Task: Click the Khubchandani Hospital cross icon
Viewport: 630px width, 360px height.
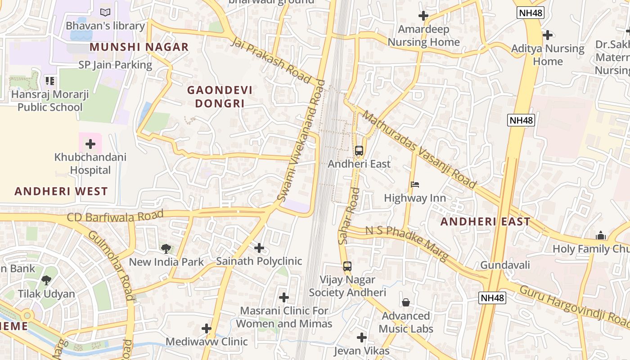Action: coord(90,144)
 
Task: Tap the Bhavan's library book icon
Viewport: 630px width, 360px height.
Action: coord(105,12)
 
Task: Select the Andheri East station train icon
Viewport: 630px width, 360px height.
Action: coord(359,151)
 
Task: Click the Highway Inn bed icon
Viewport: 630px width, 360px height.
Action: coord(415,184)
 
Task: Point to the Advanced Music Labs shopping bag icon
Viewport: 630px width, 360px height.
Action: coord(406,302)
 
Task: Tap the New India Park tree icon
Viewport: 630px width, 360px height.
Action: coord(166,248)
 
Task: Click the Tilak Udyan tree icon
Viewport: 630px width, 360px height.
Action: coord(46,280)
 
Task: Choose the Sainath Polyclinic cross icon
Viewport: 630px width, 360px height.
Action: coord(259,247)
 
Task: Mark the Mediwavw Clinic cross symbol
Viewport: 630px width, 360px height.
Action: coord(207,328)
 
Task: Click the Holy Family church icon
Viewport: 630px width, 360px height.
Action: coord(601,235)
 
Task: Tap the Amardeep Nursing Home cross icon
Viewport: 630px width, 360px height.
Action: coord(423,16)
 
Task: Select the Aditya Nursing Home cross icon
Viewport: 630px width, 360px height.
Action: coord(548,35)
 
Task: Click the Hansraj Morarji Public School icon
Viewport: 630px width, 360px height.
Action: coord(50,81)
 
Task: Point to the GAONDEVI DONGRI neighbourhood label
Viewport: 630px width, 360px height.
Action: coord(220,97)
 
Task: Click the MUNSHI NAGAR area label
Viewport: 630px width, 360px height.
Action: coord(139,47)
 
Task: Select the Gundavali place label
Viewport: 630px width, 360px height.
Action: coord(505,265)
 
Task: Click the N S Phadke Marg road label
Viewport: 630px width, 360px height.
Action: coord(407,243)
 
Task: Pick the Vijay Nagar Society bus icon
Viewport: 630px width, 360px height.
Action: coord(347,266)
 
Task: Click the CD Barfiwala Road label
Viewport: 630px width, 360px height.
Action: coord(115,216)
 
